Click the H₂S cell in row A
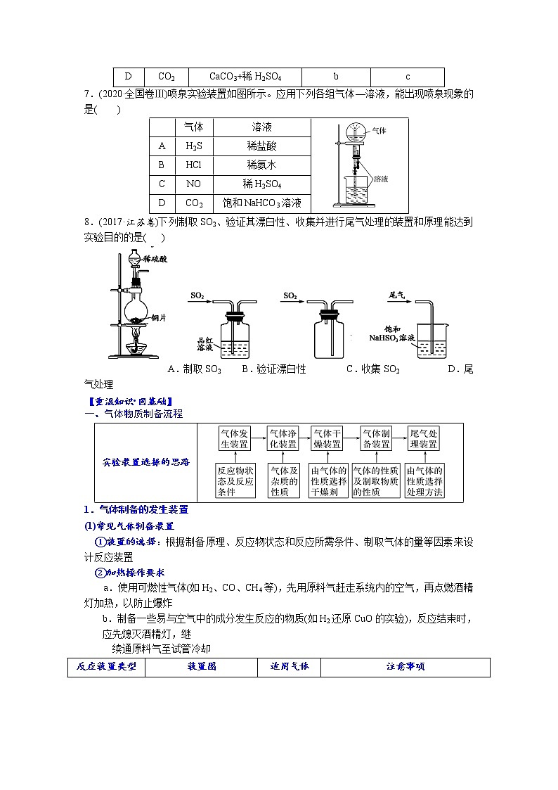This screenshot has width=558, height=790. (x=193, y=146)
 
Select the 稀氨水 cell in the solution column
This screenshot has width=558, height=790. (x=262, y=165)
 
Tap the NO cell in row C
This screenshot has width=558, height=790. (x=193, y=184)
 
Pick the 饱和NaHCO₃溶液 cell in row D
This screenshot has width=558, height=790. (x=262, y=203)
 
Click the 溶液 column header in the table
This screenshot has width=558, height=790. (x=262, y=127)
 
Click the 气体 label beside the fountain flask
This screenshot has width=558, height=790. (x=379, y=130)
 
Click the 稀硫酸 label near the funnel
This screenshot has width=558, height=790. (x=155, y=259)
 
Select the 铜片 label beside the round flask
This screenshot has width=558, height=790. (x=158, y=318)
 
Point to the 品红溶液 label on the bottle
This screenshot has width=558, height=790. (x=205, y=344)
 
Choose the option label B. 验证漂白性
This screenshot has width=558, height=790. (x=274, y=369)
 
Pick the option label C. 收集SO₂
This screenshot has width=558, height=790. (x=373, y=369)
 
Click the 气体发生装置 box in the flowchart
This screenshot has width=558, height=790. (x=234, y=439)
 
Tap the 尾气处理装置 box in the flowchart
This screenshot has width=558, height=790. (x=424, y=439)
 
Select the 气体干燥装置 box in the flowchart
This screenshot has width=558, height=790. (x=327, y=439)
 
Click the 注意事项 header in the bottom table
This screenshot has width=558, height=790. (x=405, y=667)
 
